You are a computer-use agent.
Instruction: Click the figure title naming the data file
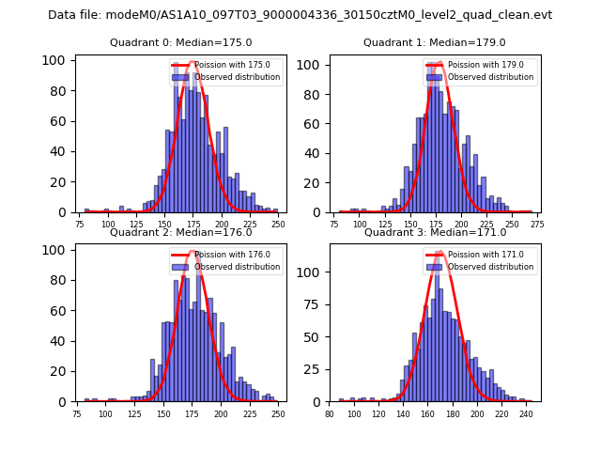tap(300, 15)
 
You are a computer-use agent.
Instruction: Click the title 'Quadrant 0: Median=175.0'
tap(181, 42)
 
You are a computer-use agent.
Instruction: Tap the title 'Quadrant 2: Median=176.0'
tap(181, 232)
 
